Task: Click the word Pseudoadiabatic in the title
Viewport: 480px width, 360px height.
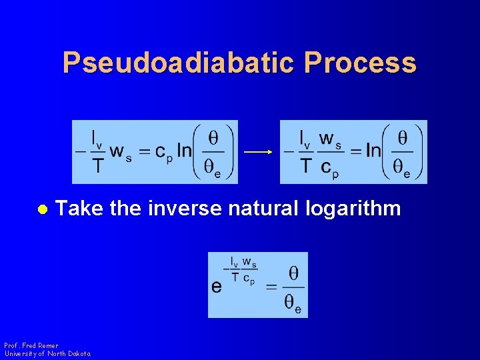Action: point(178,63)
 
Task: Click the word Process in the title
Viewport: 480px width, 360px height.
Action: point(360,63)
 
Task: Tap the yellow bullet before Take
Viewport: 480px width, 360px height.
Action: point(41,209)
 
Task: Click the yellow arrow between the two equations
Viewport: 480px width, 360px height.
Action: point(258,152)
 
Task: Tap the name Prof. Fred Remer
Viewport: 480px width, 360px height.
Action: point(31,346)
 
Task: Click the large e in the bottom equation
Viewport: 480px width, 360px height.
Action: point(217,287)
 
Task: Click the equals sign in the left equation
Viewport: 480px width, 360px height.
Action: point(143,152)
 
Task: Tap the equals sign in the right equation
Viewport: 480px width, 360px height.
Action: point(355,152)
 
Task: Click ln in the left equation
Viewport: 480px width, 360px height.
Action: point(184,151)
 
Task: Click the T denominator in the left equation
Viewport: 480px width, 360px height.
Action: point(98,165)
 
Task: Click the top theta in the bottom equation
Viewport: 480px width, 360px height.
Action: point(293,273)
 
